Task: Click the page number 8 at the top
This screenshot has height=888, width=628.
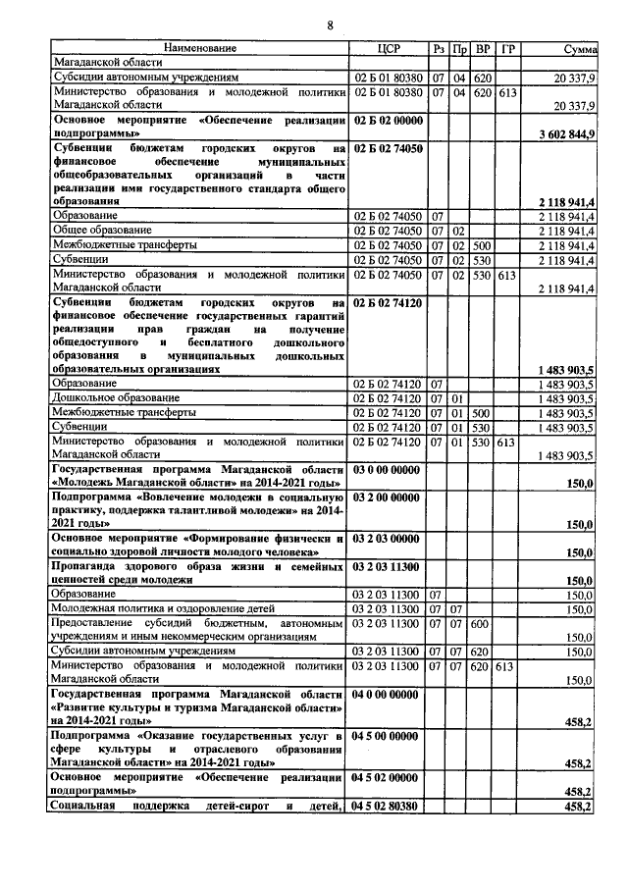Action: pos(330,26)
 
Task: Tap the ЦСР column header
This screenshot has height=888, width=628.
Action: pos(387,48)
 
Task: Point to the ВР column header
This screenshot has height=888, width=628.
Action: pos(483,48)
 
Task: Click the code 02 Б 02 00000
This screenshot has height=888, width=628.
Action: pos(387,119)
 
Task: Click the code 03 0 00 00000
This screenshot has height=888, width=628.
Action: pos(387,471)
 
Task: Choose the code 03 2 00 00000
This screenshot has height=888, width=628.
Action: pos(387,498)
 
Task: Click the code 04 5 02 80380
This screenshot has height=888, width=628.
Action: pos(387,807)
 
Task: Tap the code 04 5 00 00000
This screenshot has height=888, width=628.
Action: pos(387,736)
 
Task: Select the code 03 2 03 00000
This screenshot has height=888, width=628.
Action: pos(387,540)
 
